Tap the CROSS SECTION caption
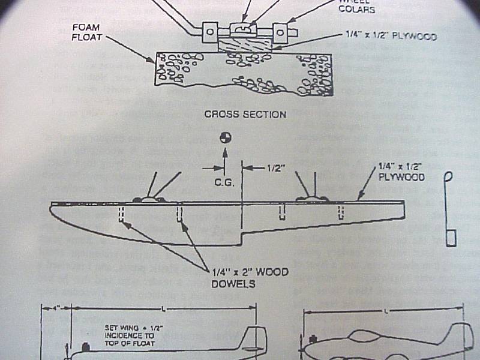(245, 114)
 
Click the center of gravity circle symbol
(225, 137)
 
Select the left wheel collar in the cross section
(210, 32)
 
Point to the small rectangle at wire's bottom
(451, 236)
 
